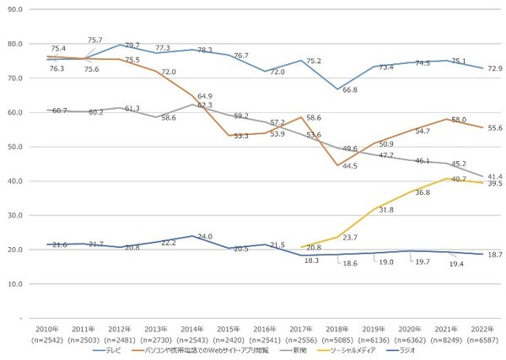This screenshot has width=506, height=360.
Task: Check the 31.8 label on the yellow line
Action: pyautogui.click(x=387, y=210)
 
